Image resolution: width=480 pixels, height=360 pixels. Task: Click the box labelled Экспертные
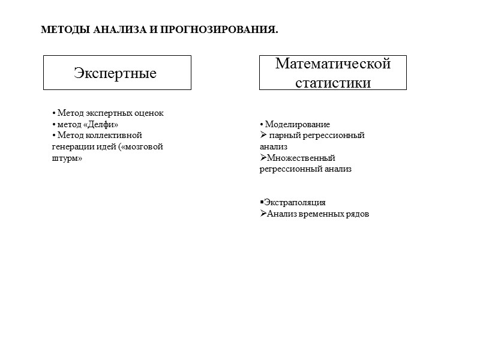tap(117, 73)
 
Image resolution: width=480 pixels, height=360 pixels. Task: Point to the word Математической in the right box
tap(333, 64)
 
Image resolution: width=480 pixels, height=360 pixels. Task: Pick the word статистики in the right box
tap(333, 82)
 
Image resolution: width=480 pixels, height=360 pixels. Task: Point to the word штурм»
tap(67, 157)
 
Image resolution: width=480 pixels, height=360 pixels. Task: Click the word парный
tap(283, 136)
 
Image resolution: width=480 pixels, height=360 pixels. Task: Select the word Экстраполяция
tap(295, 203)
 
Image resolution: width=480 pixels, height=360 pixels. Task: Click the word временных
tap(322, 214)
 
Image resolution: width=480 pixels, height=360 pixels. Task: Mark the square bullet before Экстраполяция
tap(262, 203)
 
